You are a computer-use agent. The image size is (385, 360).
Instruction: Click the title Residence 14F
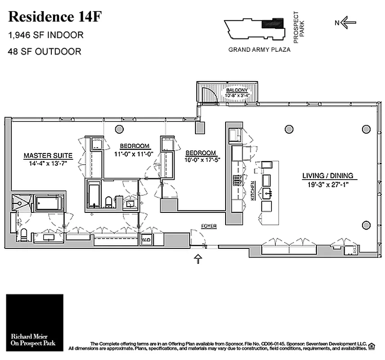tap(55, 17)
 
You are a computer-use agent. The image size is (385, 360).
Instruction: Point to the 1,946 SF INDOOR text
tap(46, 35)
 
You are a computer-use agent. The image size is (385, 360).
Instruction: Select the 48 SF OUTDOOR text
tap(45, 51)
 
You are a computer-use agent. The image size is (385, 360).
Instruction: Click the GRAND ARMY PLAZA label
tap(259, 50)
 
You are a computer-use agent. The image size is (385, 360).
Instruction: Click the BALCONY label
tap(237, 90)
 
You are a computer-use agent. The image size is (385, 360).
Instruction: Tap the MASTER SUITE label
tap(45, 156)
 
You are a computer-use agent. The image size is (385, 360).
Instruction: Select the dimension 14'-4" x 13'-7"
tap(45, 163)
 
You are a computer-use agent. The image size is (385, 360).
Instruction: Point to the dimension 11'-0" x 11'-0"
tap(135, 153)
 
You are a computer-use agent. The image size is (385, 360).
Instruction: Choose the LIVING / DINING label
tap(327, 175)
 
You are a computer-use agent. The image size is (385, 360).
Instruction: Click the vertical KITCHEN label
tap(254, 191)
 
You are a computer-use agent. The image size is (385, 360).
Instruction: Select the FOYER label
tap(209, 226)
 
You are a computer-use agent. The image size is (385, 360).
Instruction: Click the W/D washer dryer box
tap(146, 240)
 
